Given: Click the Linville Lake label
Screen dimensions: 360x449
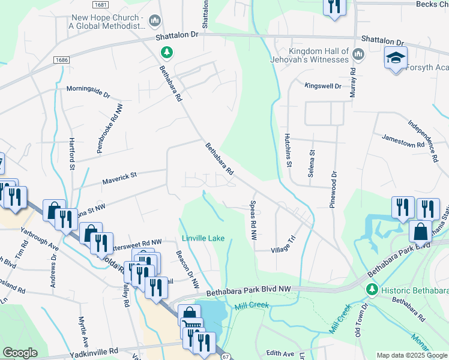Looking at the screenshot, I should point(203,238).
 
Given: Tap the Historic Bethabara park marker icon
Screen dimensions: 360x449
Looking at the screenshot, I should point(372,290).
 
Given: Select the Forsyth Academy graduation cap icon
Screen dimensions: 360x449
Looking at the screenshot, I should point(396,58).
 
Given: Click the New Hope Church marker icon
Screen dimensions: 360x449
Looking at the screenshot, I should point(155,22).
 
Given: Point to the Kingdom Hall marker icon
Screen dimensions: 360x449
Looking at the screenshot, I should point(359,55).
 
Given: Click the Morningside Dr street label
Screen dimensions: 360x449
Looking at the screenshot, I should point(88,95).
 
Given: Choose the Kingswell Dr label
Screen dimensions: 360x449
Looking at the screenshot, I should point(322,86).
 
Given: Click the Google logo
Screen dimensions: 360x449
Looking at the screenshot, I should point(20,353).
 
